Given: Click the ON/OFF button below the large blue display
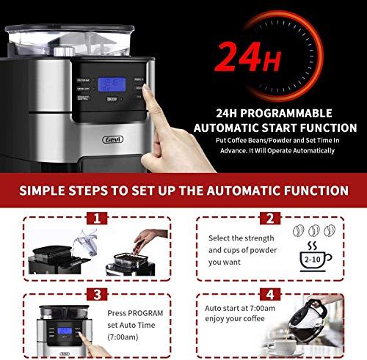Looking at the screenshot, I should [x=112, y=98].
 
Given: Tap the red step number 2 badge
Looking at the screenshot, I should [x=269, y=218].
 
